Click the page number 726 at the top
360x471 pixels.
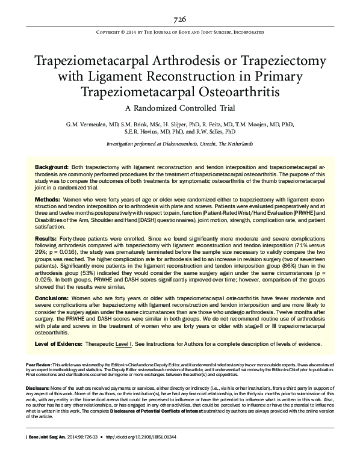[x=180, y=19]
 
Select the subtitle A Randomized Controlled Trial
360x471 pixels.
[x=180, y=109]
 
